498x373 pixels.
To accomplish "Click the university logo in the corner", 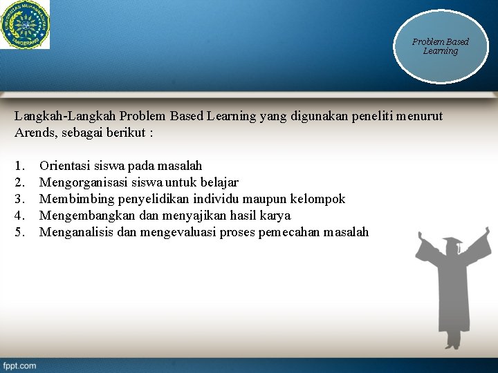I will pos(25,24).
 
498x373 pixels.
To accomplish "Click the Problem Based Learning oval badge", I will pos(440,47).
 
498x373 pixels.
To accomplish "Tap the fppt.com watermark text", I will pos(19,365).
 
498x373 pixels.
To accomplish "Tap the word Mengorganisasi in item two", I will pos(82,182).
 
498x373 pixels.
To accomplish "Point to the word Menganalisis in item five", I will pos(76,232).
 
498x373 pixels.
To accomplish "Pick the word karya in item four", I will pos(275,216).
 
